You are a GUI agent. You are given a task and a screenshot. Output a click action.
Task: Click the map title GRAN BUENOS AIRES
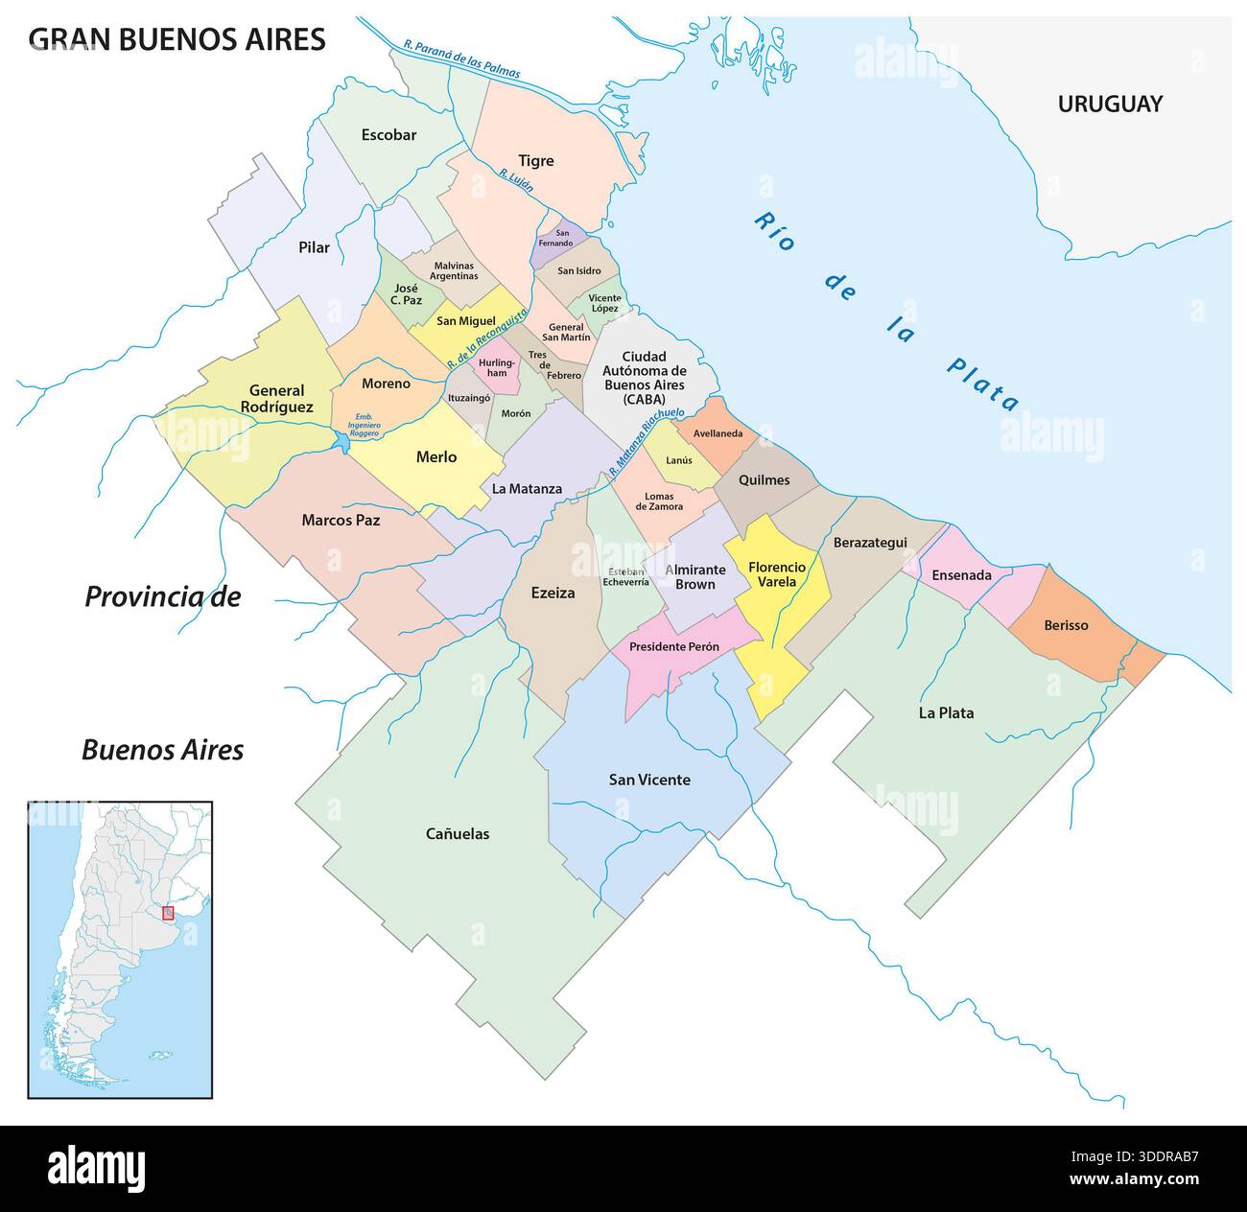pyautogui.click(x=176, y=38)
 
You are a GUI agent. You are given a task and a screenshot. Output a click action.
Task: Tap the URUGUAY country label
pyautogui.click(x=1110, y=104)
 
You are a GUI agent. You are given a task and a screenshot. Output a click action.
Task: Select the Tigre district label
pyautogui.click(x=536, y=160)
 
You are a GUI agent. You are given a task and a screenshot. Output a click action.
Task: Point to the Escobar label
pyautogui.click(x=388, y=134)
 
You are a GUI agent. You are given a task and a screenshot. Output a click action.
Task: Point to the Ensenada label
pyautogui.click(x=961, y=575)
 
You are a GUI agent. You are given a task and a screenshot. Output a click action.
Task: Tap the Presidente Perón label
pyautogui.click(x=673, y=647)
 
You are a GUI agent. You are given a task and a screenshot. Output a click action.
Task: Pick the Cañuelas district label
pyautogui.click(x=458, y=833)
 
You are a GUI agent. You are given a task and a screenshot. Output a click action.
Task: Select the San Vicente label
pyautogui.click(x=649, y=780)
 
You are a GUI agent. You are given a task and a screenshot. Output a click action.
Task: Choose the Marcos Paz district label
pyautogui.click(x=341, y=520)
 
